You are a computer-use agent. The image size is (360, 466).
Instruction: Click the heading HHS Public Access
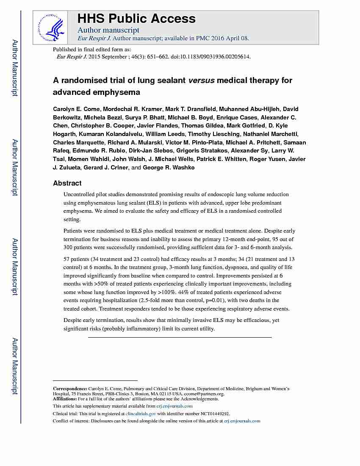tap(136, 18)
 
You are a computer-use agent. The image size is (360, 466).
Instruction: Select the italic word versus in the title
tap(201, 80)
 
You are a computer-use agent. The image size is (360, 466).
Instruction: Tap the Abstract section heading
tap(67, 183)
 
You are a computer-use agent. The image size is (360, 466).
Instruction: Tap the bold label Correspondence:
tap(70, 388)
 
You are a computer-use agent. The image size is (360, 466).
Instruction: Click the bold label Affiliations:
tap(65, 399)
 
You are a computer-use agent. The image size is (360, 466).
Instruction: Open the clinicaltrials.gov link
tap(141, 413)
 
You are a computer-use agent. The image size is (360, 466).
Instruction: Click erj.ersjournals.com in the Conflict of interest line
tap(242, 421)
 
